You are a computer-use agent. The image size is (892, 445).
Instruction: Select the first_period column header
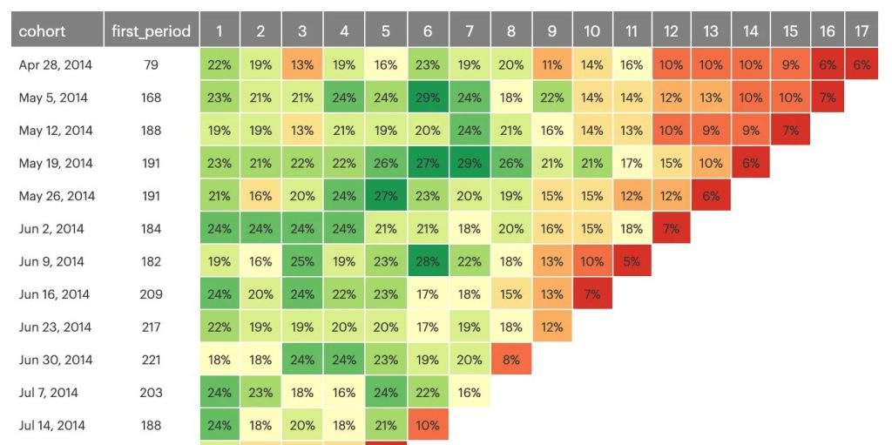coord(151,31)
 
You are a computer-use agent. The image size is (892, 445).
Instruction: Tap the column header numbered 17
coord(862,31)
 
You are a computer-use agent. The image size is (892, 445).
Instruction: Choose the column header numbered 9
coord(551,31)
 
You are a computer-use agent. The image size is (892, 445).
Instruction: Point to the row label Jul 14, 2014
coord(52,425)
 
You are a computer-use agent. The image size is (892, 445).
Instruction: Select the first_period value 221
coord(151,360)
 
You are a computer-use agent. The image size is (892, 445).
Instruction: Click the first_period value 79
coord(151,65)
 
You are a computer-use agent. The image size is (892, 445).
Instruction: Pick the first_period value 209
coord(151,294)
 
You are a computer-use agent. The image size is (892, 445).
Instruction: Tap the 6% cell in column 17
coord(862,65)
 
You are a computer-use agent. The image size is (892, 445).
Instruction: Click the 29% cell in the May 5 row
coord(427,98)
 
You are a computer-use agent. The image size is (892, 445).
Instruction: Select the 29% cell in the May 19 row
coord(469,164)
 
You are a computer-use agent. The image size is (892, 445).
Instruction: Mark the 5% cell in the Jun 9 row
coord(632,261)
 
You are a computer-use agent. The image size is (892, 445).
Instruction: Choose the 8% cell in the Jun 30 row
coord(510,360)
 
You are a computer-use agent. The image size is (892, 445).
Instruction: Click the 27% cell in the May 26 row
coord(385,196)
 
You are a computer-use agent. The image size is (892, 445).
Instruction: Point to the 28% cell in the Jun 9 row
coord(427,261)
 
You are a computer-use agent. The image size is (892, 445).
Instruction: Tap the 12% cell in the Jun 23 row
coord(551,327)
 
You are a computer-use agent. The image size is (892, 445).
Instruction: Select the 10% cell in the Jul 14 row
coord(427,425)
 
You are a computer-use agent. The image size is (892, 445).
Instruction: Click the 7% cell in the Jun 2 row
coord(671,229)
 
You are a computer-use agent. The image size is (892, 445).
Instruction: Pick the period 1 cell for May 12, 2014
coord(220,131)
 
